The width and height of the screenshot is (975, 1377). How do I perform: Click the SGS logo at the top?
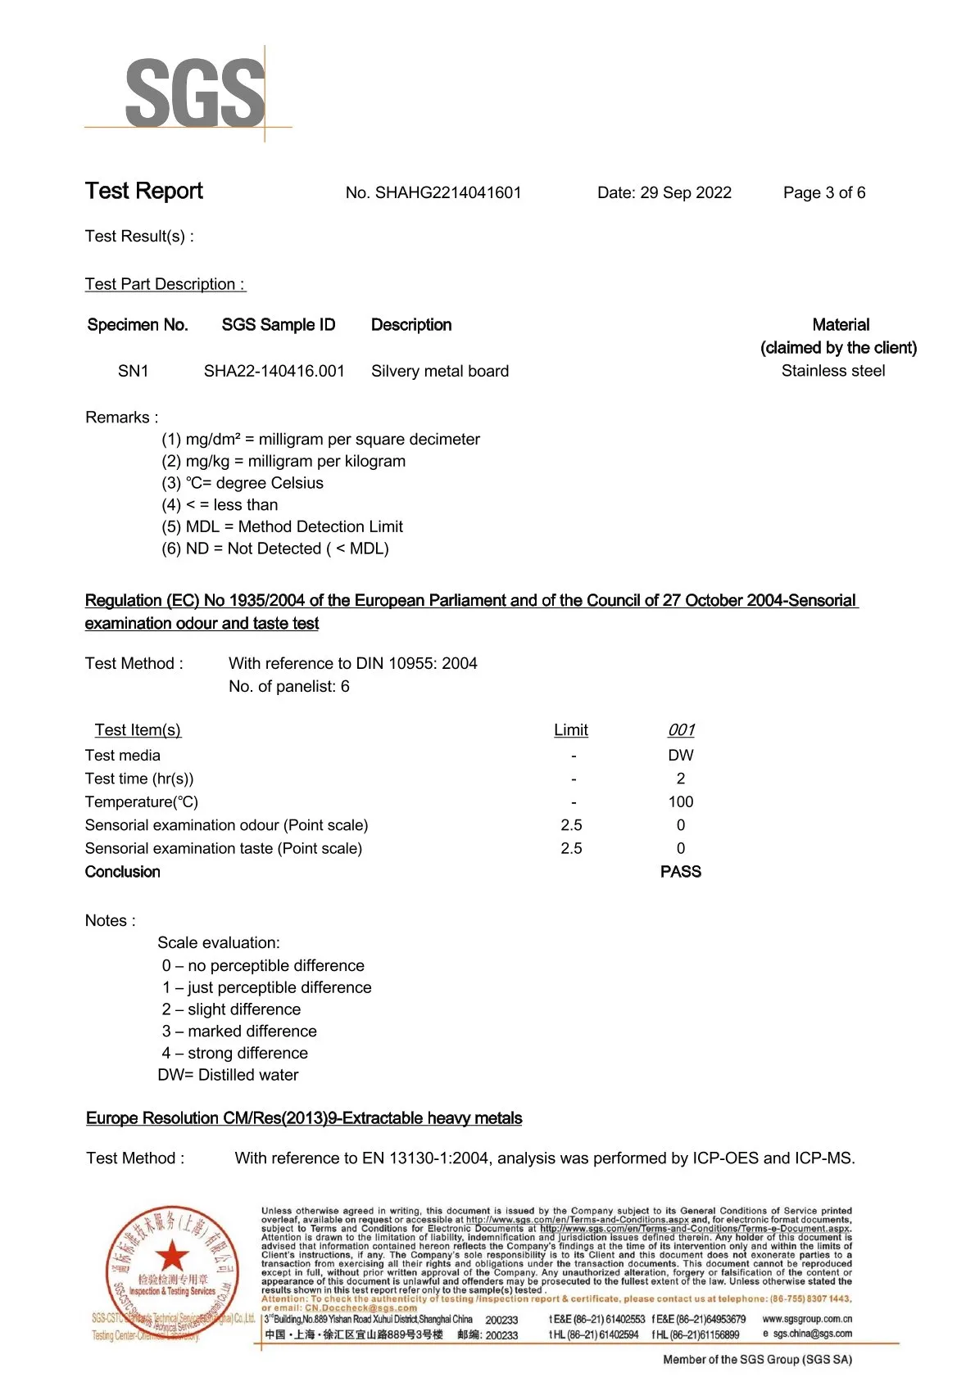[195, 93]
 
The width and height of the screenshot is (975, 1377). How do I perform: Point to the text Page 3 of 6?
[823, 193]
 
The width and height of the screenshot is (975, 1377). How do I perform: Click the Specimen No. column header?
[138, 325]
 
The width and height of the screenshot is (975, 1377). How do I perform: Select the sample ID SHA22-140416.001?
[274, 372]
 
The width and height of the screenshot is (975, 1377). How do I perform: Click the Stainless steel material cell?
[832, 372]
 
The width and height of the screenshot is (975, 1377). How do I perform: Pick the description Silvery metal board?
[439, 372]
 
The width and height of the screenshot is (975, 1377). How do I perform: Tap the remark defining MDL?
[282, 527]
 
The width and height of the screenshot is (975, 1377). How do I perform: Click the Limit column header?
[570, 730]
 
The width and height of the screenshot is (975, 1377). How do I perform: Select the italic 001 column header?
[680, 730]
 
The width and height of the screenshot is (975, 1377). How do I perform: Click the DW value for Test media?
[680, 756]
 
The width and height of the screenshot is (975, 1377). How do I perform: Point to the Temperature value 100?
[680, 802]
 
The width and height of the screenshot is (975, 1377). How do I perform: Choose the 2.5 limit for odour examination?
[571, 825]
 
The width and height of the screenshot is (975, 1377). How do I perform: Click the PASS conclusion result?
[680, 872]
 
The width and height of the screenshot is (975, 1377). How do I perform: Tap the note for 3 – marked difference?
[239, 1032]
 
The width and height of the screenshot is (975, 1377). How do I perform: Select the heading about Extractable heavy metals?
[304, 1119]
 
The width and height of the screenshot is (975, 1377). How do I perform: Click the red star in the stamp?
[172, 1256]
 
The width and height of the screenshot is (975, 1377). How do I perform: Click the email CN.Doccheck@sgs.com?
[361, 1308]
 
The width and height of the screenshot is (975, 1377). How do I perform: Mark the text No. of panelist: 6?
[288, 687]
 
